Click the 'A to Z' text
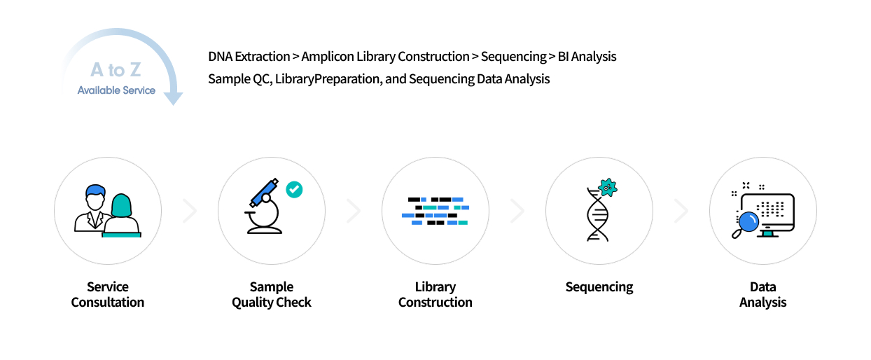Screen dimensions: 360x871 click(117, 70)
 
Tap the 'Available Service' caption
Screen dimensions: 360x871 click(116, 90)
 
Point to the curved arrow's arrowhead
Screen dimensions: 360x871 click(173, 98)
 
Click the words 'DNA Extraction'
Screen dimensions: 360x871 click(249, 56)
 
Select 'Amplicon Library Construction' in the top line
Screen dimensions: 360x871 click(385, 56)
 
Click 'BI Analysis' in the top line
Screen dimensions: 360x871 click(587, 56)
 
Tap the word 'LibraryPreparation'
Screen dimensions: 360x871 click(328, 78)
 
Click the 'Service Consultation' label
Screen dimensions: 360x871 click(108, 295)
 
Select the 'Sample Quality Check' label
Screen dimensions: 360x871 click(272, 295)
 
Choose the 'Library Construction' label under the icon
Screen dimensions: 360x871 click(436, 295)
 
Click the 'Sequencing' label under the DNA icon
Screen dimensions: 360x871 click(599, 287)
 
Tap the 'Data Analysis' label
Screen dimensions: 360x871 click(763, 295)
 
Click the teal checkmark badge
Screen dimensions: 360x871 click(294, 189)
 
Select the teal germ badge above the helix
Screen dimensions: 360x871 click(608, 186)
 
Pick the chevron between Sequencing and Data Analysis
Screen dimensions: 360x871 click(681, 211)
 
